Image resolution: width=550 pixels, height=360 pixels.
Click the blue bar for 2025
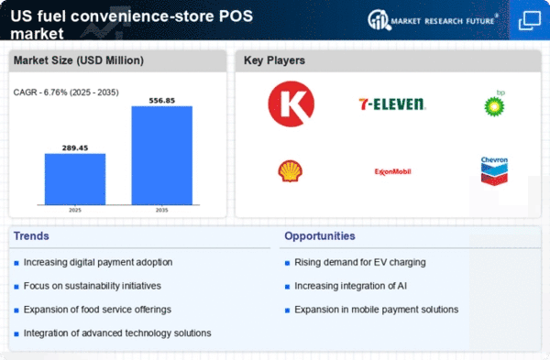click(75, 180)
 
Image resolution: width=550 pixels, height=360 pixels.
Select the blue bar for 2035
click(161, 156)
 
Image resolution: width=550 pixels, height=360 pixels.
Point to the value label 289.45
click(75, 147)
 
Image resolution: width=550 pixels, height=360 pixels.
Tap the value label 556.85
click(161, 101)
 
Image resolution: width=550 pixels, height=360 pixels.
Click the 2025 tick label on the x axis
click(75, 210)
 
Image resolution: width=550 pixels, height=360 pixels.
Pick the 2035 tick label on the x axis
click(161, 210)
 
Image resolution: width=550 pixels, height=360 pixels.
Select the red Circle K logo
click(291, 104)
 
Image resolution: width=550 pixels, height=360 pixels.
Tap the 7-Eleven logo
click(392, 104)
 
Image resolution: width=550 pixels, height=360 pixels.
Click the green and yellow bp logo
click(495, 104)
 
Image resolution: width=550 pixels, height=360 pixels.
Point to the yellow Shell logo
click(290, 171)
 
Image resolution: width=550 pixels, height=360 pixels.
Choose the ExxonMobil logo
click(392, 172)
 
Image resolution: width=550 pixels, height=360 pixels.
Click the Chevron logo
click(494, 170)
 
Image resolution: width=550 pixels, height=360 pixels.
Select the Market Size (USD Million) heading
click(79, 60)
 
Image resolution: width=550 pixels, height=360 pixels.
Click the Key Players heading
click(274, 60)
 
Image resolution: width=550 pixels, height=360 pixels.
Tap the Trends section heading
click(31, 236)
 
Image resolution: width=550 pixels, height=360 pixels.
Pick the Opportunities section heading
click(320, 236)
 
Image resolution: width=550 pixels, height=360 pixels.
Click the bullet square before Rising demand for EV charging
click(287, 263)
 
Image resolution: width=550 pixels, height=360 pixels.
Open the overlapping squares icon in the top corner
click(529, 20)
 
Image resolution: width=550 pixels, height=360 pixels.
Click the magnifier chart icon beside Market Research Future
click(379, 19)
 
